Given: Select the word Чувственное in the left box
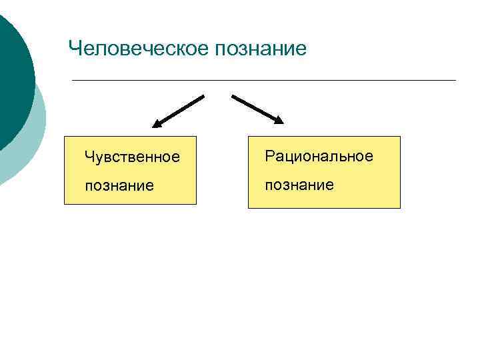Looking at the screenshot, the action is [x=132, y=157].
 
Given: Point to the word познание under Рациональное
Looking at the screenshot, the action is [x=299, y=184].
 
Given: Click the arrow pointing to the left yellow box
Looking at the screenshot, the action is [x=178, y=111].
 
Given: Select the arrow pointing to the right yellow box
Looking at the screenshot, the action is [x=257, y=109].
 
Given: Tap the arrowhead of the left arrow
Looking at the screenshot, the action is [x=157, y=123].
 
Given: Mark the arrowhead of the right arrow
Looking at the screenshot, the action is [x=279, y=121].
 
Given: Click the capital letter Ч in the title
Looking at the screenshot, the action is [x=75, y=49].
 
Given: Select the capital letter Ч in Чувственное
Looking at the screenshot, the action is [x=89, y=157].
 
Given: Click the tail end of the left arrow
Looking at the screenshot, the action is [x=203, y=96].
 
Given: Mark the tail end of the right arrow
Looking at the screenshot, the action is [x=233, y=96].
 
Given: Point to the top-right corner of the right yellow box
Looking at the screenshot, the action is [x=400, y=137].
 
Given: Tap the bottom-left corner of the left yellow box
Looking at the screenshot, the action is [x=65, y=203].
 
